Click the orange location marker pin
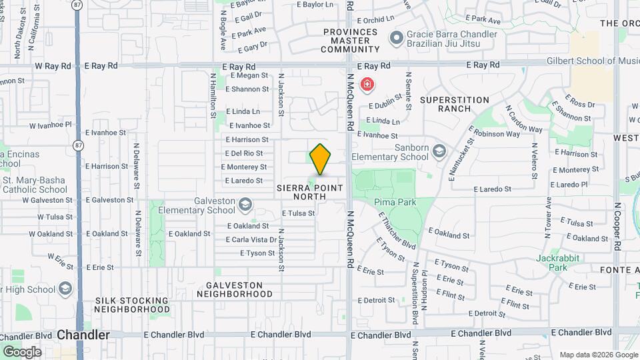(320, 159)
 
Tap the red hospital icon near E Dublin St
(366, 85)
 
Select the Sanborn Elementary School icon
(439, 152)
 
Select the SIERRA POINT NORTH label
(310, 192)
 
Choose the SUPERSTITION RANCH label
(455, 104)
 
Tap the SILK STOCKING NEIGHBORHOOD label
(132, 305)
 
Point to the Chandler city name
(83, 335)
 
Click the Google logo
(22, 351)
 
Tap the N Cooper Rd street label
(617, 227)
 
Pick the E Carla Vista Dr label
(251, 240)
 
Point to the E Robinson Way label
(494, 133)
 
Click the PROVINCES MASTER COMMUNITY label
(350, 41)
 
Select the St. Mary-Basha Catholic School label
(34, 185)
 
